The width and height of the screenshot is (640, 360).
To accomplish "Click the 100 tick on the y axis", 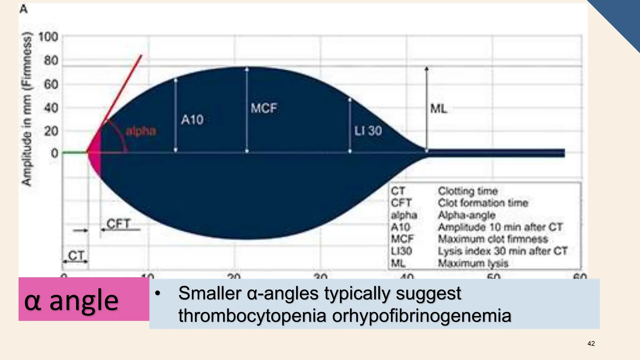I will point(48,37).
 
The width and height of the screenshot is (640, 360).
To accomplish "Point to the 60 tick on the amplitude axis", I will point(51,85).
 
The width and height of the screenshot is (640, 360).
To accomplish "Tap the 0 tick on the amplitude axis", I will point(54,153).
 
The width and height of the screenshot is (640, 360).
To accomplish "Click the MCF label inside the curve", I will point(263,108).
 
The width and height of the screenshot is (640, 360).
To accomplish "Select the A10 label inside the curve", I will point(192,120).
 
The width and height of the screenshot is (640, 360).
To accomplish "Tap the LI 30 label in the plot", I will point(368,131).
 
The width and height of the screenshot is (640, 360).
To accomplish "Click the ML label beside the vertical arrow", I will point(438,109).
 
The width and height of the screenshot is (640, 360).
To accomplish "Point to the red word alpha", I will point(141,131).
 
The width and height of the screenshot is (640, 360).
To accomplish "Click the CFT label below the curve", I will point(118,224).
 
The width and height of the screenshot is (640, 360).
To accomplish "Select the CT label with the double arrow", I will point(76,256).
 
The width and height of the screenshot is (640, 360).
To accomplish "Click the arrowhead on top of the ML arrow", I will point(427,68).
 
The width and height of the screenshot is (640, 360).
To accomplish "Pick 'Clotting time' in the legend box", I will point(467,191).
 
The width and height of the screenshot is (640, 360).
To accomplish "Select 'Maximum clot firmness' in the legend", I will point(492,239).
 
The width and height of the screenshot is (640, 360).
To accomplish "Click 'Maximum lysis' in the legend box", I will point(473,263).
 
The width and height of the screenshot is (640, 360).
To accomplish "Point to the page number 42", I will point(591,343).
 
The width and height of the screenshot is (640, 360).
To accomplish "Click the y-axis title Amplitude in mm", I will point(27,109).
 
